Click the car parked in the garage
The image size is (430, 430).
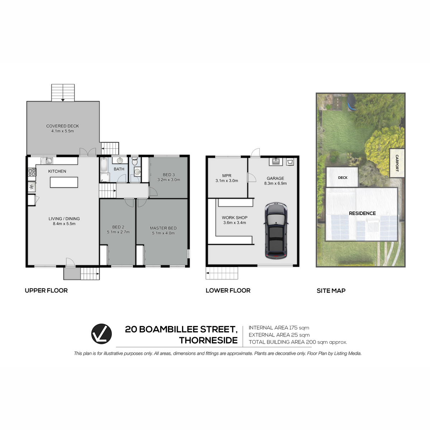tap(276, 231)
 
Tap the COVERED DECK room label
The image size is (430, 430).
tap(62, 126)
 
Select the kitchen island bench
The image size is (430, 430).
tap(64, 182)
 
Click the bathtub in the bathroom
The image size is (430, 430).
tap(104, 165)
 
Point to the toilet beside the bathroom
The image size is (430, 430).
tap(135, 161)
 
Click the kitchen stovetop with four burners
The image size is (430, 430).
tap(32, 172)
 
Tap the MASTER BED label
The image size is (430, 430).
tap(163, 228)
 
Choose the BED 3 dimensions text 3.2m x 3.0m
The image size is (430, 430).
tap(169, 180)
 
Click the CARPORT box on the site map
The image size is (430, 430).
tap(397, 163)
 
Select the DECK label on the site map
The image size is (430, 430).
tap(343, 178)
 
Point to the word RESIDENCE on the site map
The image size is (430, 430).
tap(362, 213)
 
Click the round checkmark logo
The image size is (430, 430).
tap(101, 334)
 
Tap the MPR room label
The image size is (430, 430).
tap(227, 176)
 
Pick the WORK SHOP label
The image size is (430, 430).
tap(234, 218)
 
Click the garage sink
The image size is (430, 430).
tap(276, 161)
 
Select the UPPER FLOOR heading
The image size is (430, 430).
tap(46, 291)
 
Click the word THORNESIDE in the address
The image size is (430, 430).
tap(208, 340)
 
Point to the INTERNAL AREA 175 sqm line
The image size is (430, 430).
tap(279, 328)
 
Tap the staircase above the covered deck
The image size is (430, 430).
tap(63, 92)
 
